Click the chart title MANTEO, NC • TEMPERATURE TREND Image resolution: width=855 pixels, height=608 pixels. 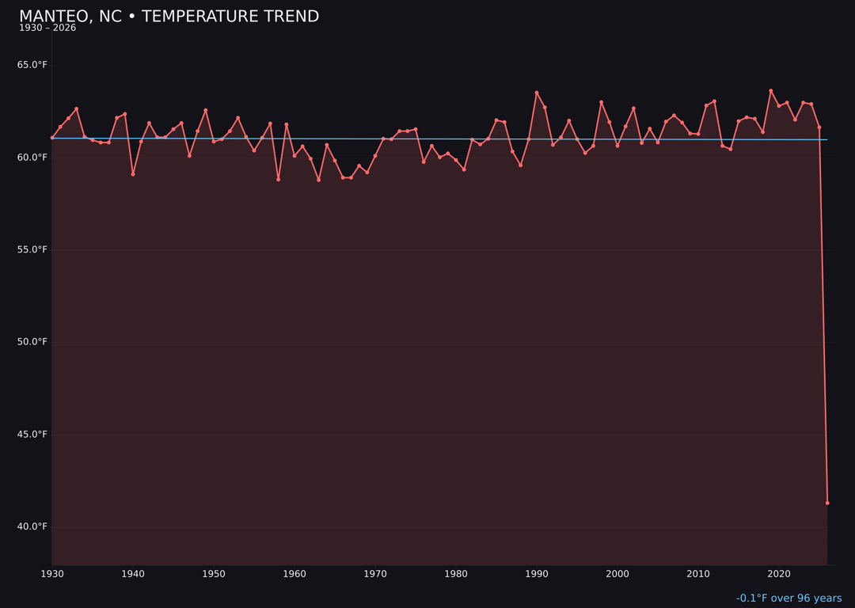point(169,17)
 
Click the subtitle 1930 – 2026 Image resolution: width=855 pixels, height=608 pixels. point(47,28)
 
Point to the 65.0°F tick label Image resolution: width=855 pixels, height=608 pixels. point(32,65)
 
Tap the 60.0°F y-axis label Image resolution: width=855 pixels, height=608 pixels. point(32,158)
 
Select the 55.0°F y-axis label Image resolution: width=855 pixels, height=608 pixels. point(32,249)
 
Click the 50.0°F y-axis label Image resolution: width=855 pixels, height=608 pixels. point(32,342)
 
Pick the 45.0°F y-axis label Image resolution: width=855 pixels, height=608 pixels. point(32,435)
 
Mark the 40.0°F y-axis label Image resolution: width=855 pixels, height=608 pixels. point(32,526)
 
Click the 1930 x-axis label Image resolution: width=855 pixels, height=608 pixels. point(52,574)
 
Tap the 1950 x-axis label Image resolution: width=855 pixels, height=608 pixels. point(214,574)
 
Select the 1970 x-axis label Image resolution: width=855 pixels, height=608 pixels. point(375,574)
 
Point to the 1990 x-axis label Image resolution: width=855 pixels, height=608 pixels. point(537,574)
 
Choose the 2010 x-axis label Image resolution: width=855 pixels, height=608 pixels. point(698,574)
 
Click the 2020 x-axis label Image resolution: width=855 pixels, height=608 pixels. point(779,574)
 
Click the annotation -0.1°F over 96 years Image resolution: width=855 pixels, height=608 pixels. point(788,598)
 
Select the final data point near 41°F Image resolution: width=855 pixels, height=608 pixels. point(827,503)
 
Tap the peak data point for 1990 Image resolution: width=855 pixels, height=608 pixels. point(537,93)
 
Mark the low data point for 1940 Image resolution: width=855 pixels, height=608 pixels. point(133,174)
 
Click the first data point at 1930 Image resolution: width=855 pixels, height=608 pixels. point(52,138)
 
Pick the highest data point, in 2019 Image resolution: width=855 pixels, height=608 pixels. point(771,91)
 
